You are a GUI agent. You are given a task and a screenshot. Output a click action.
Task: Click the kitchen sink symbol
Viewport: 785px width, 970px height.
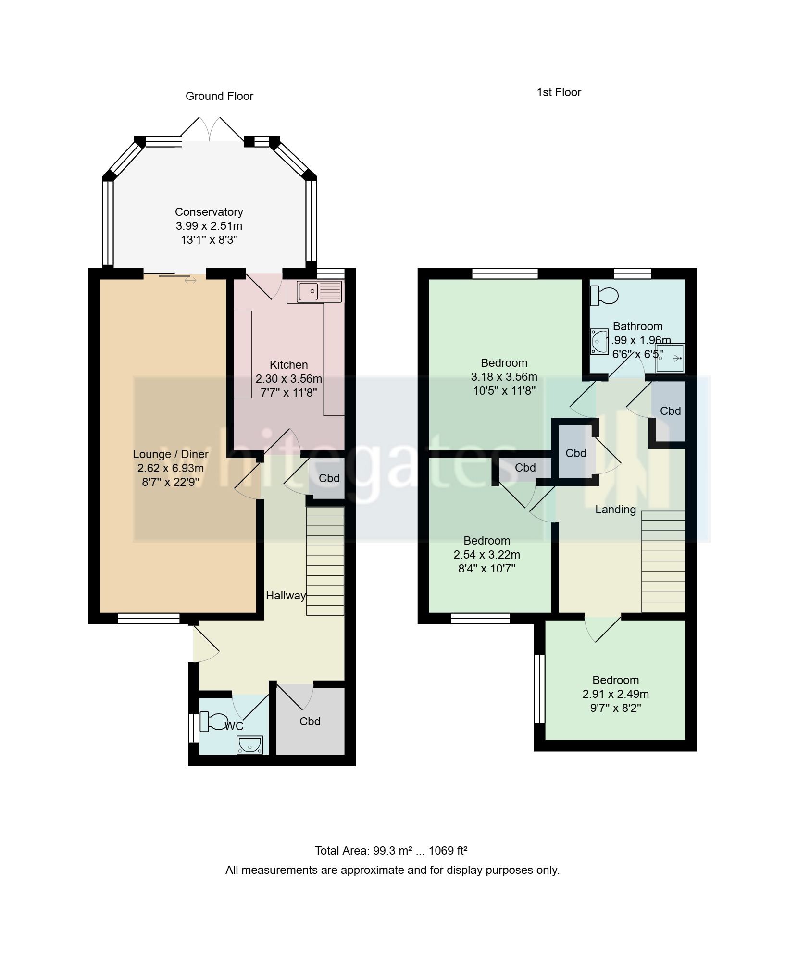point(319,291)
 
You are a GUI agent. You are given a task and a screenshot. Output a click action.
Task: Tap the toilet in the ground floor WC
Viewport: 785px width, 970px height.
point(214,721)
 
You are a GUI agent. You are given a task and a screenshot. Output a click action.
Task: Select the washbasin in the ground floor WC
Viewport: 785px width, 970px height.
point(249,745)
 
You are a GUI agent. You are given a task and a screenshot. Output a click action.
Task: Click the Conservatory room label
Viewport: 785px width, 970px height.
point(209,212)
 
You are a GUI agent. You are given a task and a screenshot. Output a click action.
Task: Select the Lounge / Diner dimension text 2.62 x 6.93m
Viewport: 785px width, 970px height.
point(170,468)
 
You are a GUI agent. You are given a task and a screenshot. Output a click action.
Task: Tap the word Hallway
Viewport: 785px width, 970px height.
point(286,596)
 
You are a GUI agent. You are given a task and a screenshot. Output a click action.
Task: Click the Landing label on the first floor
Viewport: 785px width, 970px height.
point(615,510)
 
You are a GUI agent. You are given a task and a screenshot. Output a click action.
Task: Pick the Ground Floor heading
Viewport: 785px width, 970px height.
point(219,96)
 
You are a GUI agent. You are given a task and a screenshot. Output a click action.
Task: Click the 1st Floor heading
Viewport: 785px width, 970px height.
point(559,92)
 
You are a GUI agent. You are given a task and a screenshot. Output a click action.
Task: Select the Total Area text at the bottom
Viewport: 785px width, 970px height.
point(391,851)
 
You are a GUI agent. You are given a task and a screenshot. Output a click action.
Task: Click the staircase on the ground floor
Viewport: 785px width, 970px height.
point(325,560)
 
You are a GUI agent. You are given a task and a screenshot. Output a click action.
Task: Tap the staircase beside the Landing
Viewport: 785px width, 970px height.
point(663,561)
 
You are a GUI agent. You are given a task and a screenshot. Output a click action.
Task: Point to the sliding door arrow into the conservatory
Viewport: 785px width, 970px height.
point(190,280)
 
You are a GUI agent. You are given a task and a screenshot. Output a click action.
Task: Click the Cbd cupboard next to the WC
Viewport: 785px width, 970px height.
point(310,721)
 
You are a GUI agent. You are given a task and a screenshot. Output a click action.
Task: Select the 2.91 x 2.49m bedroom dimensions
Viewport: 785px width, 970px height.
point(615,694)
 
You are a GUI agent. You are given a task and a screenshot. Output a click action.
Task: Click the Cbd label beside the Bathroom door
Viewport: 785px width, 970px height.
point(670,411)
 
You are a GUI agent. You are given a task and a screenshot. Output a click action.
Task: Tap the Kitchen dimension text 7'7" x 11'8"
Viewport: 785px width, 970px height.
point(288,393)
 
